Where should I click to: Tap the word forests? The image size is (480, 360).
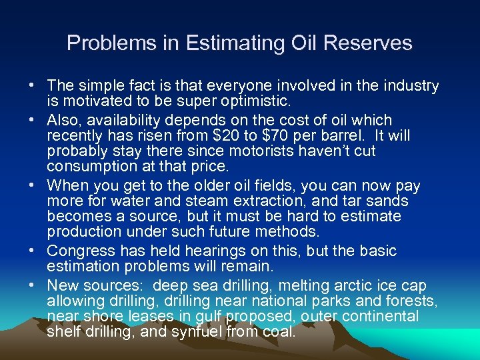[411, 301]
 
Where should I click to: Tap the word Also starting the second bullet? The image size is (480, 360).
[64, 120]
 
